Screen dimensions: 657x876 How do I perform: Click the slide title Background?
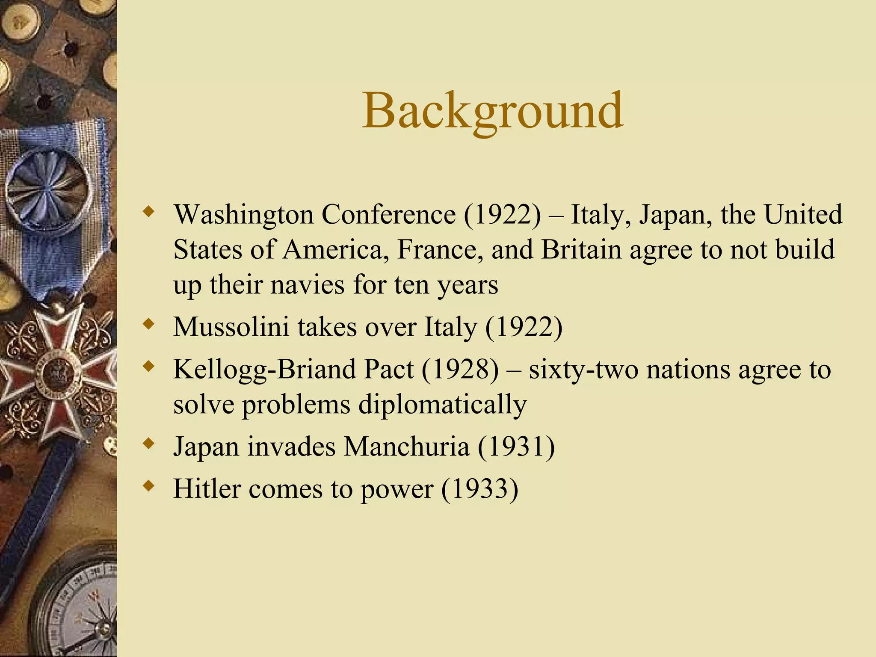492,111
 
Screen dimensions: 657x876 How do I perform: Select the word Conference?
388,214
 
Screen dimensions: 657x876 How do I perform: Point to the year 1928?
460,369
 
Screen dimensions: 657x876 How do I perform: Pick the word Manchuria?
407,447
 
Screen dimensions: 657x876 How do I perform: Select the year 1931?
516,447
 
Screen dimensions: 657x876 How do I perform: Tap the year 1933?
479,488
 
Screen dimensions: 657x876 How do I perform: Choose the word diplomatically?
442,404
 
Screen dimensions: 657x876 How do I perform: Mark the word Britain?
581,249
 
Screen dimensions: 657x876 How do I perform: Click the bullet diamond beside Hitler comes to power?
148,486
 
